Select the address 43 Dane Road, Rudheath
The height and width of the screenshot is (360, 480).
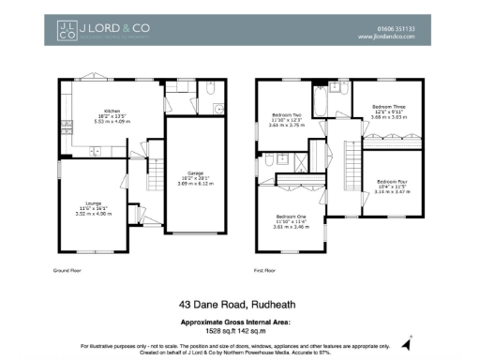coord(239,304)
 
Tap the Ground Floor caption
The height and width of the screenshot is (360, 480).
coord(67,270)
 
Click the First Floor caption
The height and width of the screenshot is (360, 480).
coord(266,270)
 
